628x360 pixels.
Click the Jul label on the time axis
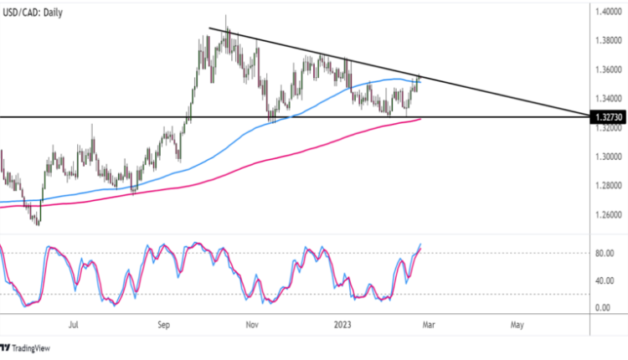(74, 323)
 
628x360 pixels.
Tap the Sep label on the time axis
(164, 323)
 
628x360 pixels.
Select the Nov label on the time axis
(252, 323)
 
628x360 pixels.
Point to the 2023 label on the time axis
(342, 323)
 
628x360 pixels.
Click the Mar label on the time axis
(426, 323)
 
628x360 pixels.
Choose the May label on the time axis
(517, 323)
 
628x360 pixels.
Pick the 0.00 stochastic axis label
(603, 308)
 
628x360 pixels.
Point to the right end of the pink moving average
(420, 119)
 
